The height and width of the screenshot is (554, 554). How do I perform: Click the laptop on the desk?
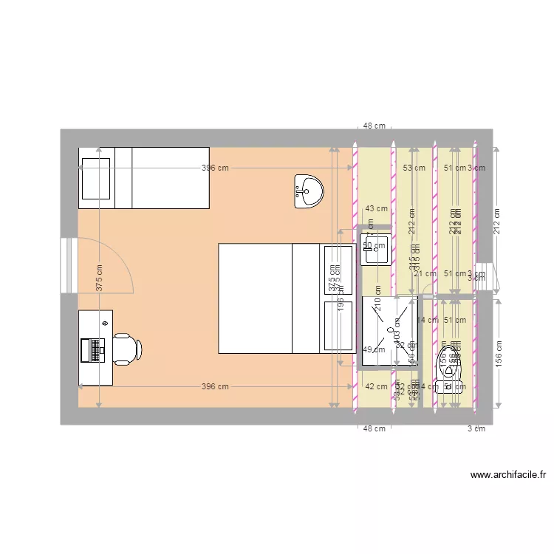coord(95,349)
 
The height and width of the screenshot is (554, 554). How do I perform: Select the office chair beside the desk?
coord(126,349)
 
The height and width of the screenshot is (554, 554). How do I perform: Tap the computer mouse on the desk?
coord(106,324)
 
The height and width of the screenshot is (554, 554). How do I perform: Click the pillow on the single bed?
coord(96,177)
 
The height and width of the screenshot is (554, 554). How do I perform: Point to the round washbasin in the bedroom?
coord(308,191)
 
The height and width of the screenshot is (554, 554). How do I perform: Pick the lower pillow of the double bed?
coord(338,325)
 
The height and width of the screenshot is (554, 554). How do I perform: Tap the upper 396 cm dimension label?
coord(215,168)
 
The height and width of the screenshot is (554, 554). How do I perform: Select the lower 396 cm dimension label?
coord(215,386)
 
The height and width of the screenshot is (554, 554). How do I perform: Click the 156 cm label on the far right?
coord(500,353)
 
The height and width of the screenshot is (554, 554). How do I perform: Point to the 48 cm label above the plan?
coord(374,126)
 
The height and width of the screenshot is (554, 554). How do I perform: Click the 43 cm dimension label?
coord(377,208)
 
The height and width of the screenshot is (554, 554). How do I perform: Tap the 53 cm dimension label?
coord(414,168)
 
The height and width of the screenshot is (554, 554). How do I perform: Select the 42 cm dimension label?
coord(376,386)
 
